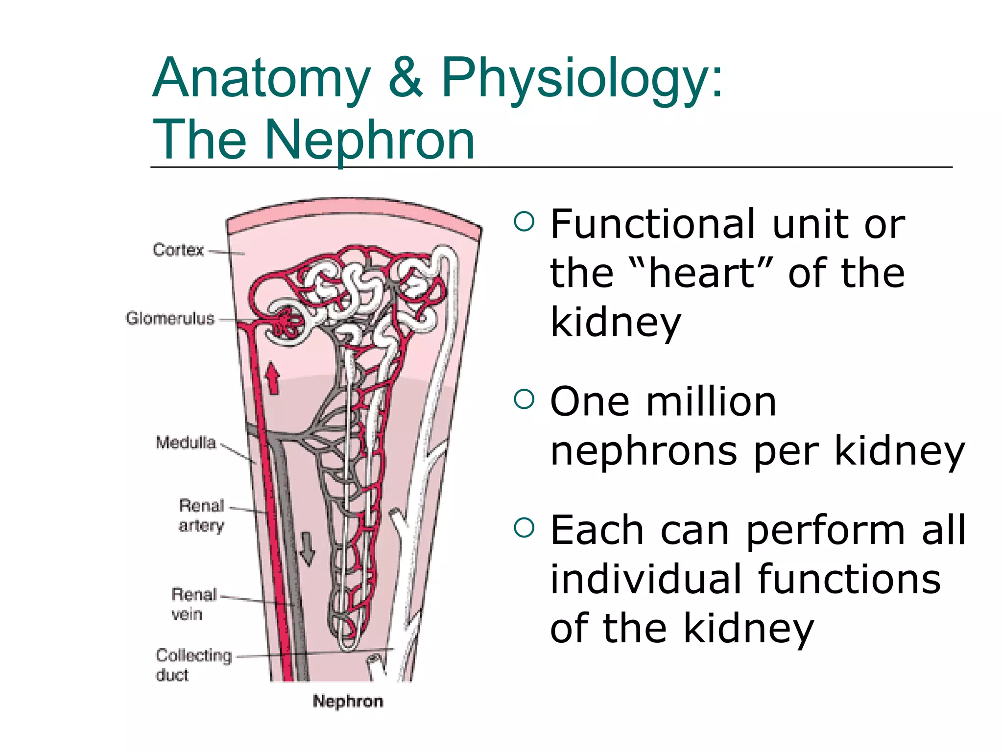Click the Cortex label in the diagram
[x=178, y=250]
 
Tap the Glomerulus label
[x=170, y=318]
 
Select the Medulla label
[x=186, y=442]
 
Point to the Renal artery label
[x=201, y=515]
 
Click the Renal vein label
[x=194, y=604]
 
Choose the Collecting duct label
[x=193, y=664]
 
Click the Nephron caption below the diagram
[x=348, y=701]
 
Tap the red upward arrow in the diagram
[x=272, y=378]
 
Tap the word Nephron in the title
[x=370, y=141]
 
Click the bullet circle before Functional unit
[x=524, y=221]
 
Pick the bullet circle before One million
[x=524, y=399]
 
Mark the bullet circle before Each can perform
[x=524, y=527]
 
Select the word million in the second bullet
[x=711, y=401]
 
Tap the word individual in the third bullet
[x=645, y=579]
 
